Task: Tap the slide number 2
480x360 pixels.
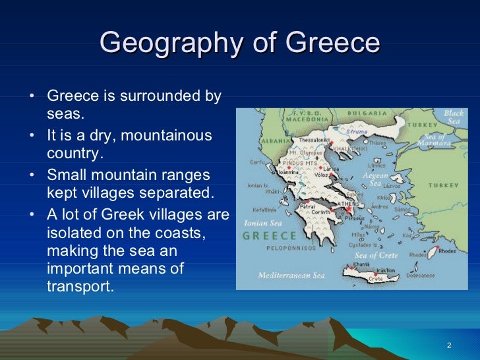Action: point(448,345)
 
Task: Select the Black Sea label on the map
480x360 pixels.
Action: point(454,117)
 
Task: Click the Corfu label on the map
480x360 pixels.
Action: point(257,162)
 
